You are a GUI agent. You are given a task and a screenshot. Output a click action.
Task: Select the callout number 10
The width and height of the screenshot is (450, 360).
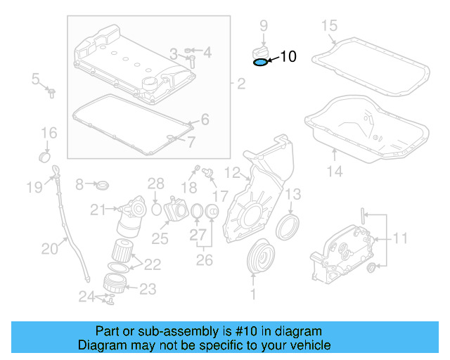click(288, 57)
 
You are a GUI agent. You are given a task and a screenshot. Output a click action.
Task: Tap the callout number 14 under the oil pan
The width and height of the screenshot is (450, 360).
click(334, 171)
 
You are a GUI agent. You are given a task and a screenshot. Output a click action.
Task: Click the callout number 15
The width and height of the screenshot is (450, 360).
click(330, 26)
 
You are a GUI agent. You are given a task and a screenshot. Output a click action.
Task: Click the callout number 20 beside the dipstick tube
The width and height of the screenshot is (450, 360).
click(49, 247)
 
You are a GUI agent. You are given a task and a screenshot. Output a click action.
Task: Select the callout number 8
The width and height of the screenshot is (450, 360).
click(79, 184)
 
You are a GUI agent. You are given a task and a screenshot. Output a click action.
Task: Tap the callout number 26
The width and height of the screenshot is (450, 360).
click(204, 260)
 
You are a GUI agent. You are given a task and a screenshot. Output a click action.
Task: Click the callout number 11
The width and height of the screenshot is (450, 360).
click(399, 239)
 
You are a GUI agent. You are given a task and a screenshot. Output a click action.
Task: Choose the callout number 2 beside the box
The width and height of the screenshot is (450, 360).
click(240, 85)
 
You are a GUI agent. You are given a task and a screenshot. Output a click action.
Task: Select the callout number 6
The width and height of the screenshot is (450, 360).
click(205, 120)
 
